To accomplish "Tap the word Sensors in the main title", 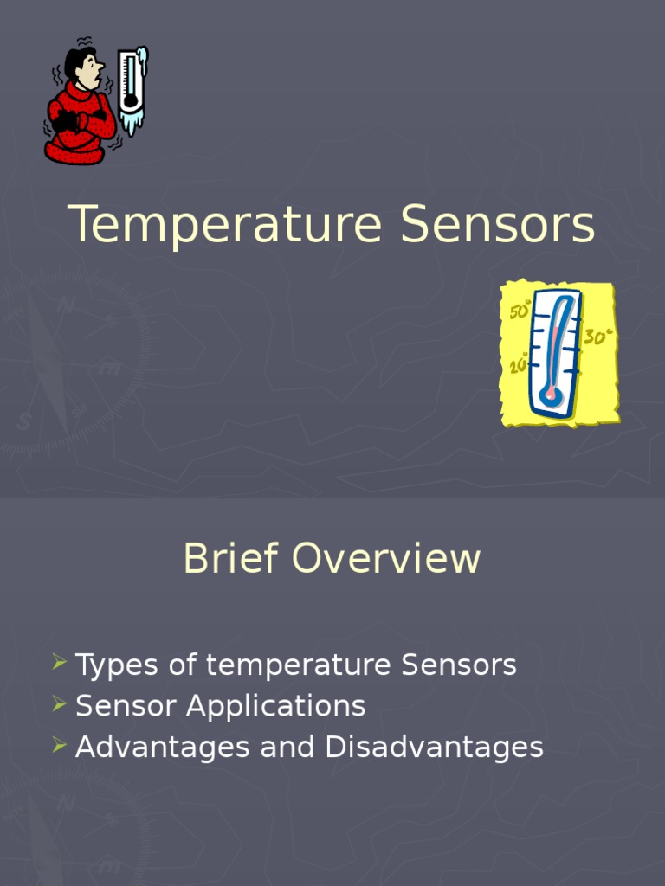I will [x=498, y=225].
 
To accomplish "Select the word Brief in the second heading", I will [x=229, y=558].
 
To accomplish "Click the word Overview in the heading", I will [x=385, y=558].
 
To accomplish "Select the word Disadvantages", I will [x=435, y=748].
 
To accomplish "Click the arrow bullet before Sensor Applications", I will [x=59, y=705].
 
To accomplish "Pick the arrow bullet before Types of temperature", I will [x=59, y=664].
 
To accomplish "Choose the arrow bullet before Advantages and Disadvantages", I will [x=59, y=746].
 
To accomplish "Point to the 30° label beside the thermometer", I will [x=597, y=337].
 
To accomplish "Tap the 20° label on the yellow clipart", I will [x=519, y=366].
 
